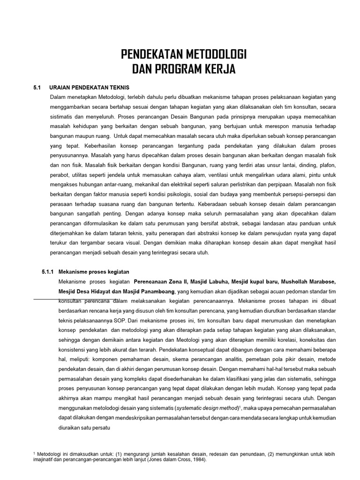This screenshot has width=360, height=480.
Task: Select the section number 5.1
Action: pos(37,88)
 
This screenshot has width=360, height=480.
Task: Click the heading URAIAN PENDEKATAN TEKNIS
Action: pos(89,88)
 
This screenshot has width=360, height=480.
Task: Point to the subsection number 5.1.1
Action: pos(48,272)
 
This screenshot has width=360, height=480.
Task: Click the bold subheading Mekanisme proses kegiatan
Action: pos(94,272)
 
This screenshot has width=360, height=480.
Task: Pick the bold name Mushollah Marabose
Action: pos(310,282)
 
